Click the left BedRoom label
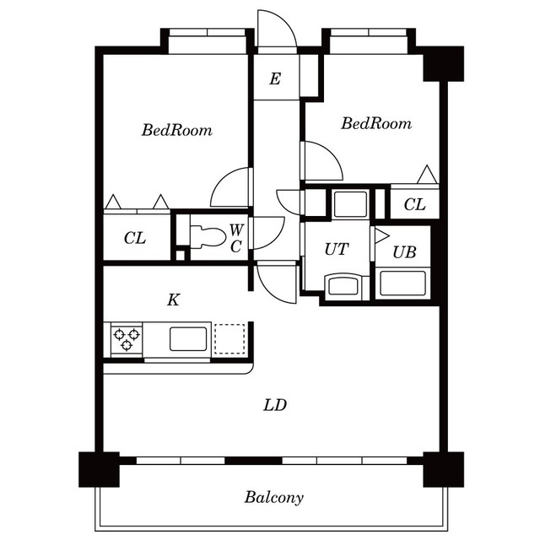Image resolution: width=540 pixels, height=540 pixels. tap(176, 131)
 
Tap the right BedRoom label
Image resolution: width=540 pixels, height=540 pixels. tap(376, 124)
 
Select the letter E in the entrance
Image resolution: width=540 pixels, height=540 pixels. tap(275, 80)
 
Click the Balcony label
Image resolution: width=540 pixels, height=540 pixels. tap(274, 497)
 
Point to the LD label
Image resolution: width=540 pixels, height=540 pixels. tap(275, 406)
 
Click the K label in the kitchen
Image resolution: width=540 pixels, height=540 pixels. tap(173, 300)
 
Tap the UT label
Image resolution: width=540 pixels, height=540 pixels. tap(336, 250)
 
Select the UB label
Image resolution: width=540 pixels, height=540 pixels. tap(404, 252)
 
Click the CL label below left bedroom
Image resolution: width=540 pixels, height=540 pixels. tap(135, 239)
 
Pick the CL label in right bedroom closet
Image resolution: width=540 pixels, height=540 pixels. tap(413, 204)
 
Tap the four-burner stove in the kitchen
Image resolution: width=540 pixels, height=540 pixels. tap(126, 339)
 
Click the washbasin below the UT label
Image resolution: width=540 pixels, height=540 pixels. tap(343, 287)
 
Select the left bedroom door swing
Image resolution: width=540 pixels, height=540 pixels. tap(230, 187)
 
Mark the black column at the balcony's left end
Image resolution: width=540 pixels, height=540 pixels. tap(98, 470)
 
